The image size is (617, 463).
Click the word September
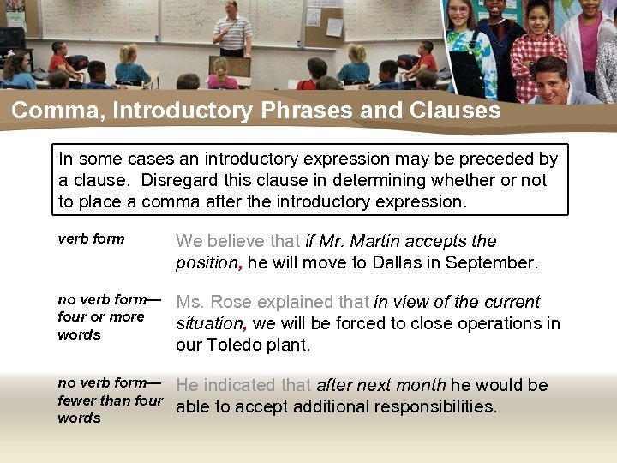[x=494, y=262]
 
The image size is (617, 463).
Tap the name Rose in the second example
[x=230, y=302]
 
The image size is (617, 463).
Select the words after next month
[x=380, y=385]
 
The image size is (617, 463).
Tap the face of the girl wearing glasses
[x=458, y=17]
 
